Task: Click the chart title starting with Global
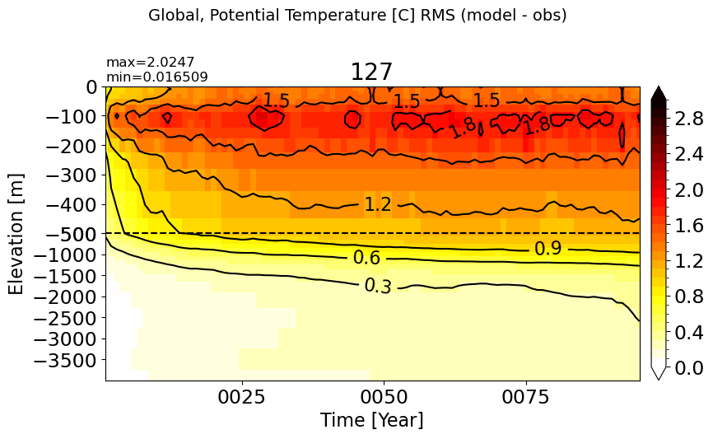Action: (357, 16)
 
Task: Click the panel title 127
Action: (371, 72)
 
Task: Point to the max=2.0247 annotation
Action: (150, 62)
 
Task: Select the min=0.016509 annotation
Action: (157, 77)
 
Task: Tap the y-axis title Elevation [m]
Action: (16, 234)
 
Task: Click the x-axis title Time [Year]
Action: (372, 419)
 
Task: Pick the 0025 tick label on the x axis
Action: (241, 397)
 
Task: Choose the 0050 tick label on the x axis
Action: (384, 397)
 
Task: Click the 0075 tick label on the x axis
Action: (526, 397)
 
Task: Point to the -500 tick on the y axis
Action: (72, 235)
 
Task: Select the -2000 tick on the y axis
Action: (66, 297)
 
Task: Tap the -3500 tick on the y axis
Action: (66, 361)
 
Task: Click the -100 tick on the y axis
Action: (72, 117)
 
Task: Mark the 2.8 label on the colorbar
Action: (689, 119)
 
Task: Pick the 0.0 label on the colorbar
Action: (689, 367)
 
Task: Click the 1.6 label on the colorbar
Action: (689, 226)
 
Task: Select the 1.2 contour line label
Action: (378, 205)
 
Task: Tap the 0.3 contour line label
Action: (378, 286)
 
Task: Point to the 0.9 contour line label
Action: (548, 249)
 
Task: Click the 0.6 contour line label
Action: (366, 258)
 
